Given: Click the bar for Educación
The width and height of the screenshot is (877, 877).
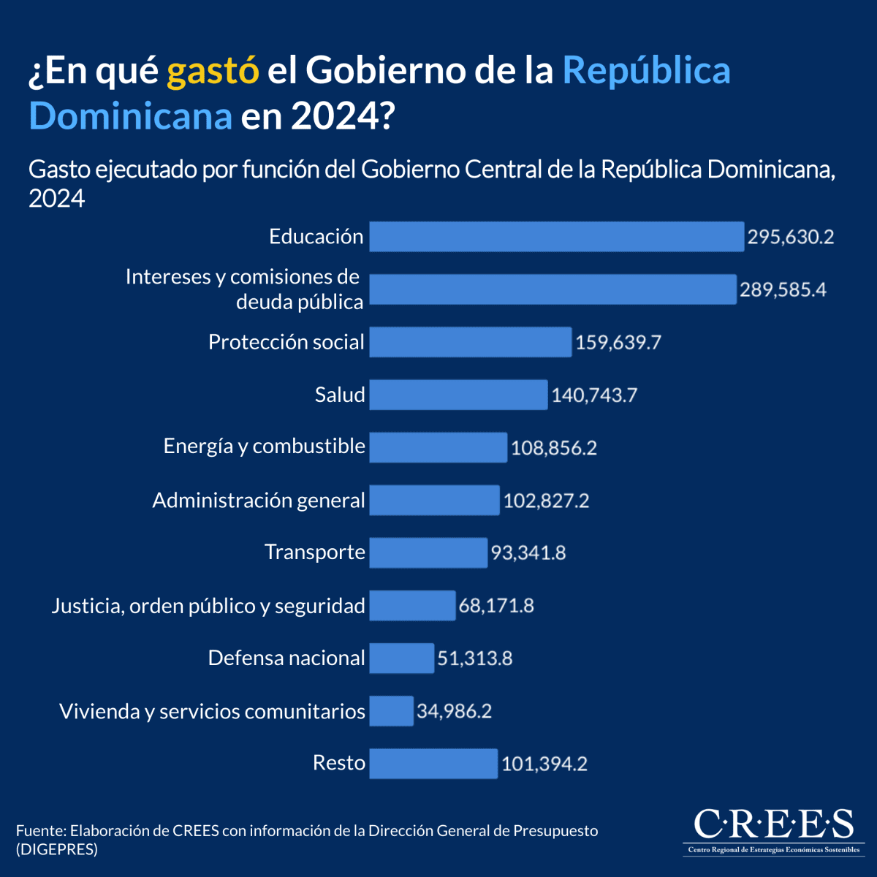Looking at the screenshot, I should (x=556, y=237).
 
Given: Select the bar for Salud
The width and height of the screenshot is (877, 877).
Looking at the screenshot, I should (x=458, y=395).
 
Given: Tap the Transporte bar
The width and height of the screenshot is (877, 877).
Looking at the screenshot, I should (x=428, y=553).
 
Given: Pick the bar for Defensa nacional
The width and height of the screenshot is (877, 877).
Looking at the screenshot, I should (x=401, y=658).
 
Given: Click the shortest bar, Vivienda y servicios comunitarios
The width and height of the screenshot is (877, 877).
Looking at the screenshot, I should (x=391, y=710).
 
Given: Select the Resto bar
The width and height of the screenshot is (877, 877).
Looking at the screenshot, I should (x=433, y=763).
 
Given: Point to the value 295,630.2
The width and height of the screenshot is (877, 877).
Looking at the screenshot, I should (x=790, y=237).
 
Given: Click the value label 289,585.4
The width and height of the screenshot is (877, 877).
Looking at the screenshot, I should (x=783, y=289).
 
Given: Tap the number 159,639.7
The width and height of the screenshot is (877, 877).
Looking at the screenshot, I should (x=618, y=342).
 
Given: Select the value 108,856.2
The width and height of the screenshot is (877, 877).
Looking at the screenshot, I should (x=554, y=447).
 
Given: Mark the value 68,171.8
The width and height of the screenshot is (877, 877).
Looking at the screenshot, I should (x=496, y=605).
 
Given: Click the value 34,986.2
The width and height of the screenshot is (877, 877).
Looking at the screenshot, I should (x=454, y=710).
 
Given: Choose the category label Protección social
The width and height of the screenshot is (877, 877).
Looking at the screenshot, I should (x=286, y=342).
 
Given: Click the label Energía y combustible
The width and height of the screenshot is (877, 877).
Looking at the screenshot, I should (x=264, y=446).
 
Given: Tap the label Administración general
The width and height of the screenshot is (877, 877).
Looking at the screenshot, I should (x=258, y=500).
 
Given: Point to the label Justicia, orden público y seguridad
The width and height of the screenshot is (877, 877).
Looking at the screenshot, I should (x=208, y=605).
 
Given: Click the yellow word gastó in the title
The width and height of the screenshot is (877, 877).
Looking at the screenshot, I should (x=213, y=71).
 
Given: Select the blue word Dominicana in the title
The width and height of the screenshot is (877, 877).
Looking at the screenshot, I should (x=130, y=115).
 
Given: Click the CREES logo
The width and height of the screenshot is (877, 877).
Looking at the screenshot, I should (x=772, y=829).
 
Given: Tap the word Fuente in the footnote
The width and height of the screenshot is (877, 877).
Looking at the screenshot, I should (x=39, y=831).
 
